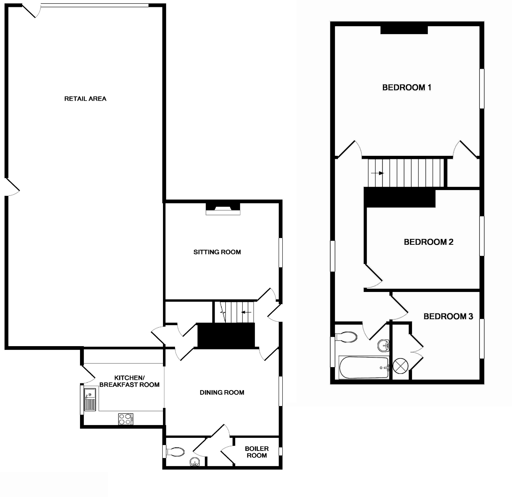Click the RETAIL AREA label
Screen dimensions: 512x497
(x=85, y=99)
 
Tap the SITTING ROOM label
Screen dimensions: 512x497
(x=217, y=252)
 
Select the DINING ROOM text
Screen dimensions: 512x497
(x=222, y=392)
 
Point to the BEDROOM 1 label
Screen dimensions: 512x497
(x=407, y=87)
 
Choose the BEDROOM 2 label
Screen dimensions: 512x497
(x=428, y=242)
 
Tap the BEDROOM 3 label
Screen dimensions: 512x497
(x=448, y=316)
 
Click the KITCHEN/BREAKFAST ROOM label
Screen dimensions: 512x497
(x=129, y=381)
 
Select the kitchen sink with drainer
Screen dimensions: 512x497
(x=90, y=400)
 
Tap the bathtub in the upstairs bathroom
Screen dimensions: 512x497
(x=364, y=368)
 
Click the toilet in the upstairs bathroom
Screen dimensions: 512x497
(x=346, y=337)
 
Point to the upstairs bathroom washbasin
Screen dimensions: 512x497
(x=383, y=346)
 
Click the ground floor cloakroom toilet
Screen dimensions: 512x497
(x=175, y=452)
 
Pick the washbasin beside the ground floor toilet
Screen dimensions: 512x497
(x=195, y=462)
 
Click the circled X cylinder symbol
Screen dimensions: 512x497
(x=400, y=366)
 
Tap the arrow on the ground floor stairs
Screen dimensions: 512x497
(x=246, y=312)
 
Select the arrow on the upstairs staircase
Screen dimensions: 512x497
(x=377, y=173)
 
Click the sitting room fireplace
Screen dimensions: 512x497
(x=223, y=209)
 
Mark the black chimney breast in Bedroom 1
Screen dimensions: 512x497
(x=404, y=30)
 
